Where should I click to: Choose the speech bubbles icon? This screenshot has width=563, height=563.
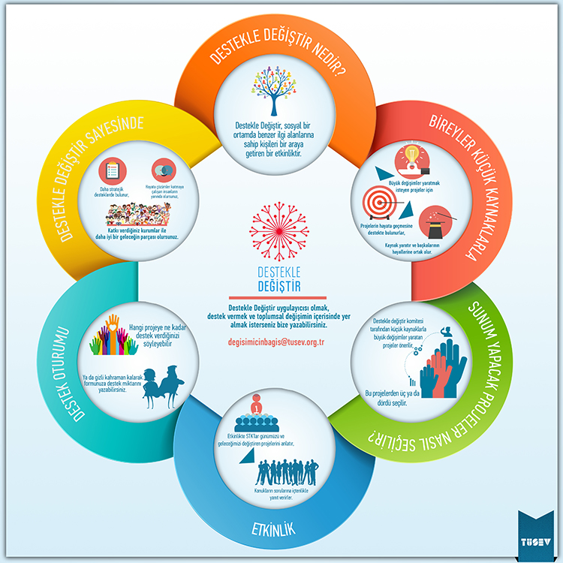pyautogui.click(x=163, y=170)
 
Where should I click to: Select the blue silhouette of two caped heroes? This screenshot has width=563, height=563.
pyautogui.click(x=161, y=386)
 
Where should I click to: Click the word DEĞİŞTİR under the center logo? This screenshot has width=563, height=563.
pyautogui.click(x=278, y=288)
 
